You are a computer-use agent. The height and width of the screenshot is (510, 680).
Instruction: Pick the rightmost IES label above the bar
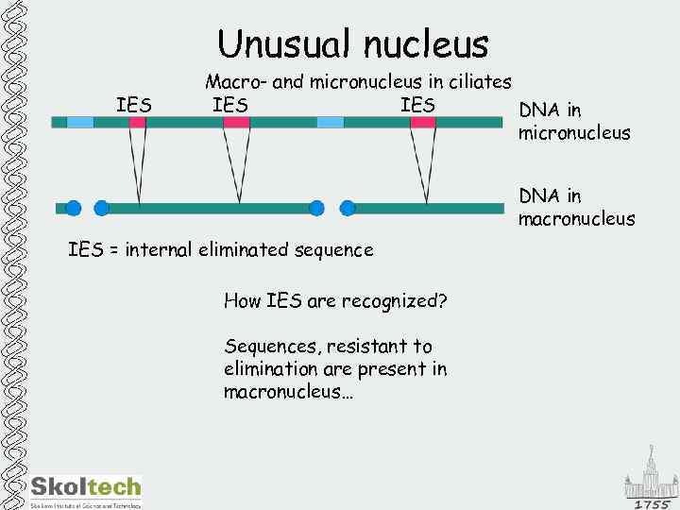pyautogui.click(x=417, y=104)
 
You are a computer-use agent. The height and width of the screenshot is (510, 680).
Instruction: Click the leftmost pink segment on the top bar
pyautogui.click(x=138, y=122)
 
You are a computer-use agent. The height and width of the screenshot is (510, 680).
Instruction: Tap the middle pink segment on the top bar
pyautogui.click(x=236, y=122)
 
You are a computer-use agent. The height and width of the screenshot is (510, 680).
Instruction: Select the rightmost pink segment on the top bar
pyautogui.click(x=423, y=122)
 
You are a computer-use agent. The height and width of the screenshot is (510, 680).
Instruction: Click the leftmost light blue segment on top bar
pyautogui.click(x=80, y=122)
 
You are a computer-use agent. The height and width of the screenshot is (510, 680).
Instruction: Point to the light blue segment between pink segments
pyautogui.click(x=331, y=122)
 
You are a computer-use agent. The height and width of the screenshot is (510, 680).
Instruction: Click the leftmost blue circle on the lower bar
pyautogui.click(x=72, y=208)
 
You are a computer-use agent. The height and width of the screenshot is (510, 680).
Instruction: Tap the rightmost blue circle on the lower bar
pyautogui.click(x=347, y=208)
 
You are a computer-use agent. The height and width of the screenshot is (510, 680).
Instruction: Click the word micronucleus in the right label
pyautogui.click(x=574, y=133)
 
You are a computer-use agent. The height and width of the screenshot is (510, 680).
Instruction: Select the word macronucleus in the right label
pyautogui.click(x=576, y=219)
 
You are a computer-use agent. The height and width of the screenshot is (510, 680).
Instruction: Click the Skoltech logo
pyautogui.click(x=86, y=487)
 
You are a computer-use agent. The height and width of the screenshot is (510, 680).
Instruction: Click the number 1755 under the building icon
pyautogui.click(x=651, y=504)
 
